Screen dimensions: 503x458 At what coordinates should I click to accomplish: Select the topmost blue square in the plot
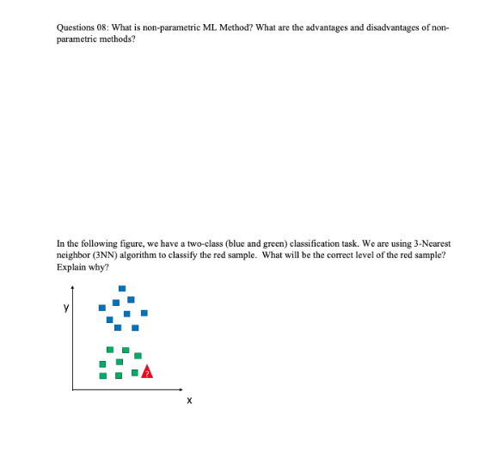point(122,290)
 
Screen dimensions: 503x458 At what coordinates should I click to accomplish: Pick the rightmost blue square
point(144,313)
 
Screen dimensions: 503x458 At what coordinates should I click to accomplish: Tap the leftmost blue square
point(101,307)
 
